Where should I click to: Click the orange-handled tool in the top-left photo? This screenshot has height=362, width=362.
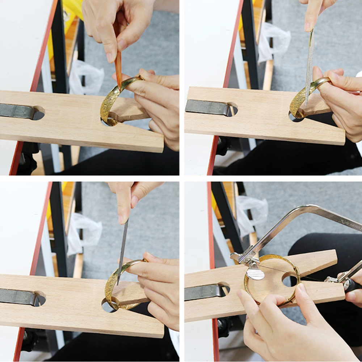[x=118, y=65]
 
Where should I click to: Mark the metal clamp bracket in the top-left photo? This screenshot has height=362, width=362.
[x=18, y=111]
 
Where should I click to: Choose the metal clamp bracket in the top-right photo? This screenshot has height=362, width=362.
[x=206, y=107]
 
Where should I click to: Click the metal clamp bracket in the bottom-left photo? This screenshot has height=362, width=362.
[x=18, y=296]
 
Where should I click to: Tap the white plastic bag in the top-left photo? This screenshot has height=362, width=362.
[x=85, y=76]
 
